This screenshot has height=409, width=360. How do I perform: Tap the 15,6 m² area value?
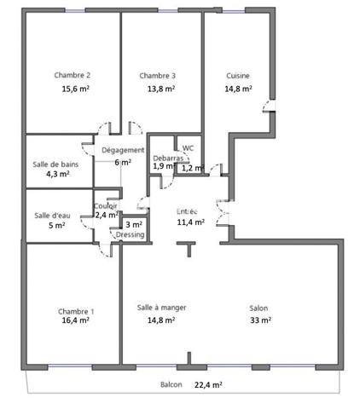75,88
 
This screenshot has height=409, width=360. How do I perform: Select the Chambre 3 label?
157,75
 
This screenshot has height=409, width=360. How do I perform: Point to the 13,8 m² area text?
160,88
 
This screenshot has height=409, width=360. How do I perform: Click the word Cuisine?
237,75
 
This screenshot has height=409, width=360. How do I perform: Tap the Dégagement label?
122,150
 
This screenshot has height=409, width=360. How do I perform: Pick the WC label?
189,147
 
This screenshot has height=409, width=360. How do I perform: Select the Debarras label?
167,158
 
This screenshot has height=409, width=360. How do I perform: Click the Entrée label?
187,210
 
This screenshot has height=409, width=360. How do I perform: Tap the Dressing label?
130,234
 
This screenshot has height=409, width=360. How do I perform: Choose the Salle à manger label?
161,308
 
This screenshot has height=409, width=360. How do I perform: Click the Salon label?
259,308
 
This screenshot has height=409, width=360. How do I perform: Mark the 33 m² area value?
260,320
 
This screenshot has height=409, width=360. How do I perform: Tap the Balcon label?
171,384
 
